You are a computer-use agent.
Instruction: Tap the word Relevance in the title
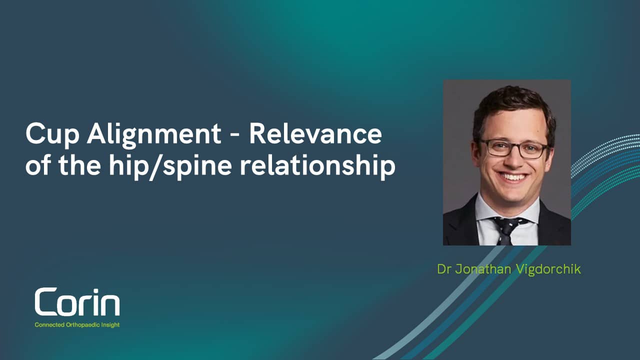point(315,134)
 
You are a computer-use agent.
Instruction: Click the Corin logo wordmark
point(77,302)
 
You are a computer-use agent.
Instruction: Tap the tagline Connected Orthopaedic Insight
point(77,325)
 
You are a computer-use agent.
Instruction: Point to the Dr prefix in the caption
point(443,269)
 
